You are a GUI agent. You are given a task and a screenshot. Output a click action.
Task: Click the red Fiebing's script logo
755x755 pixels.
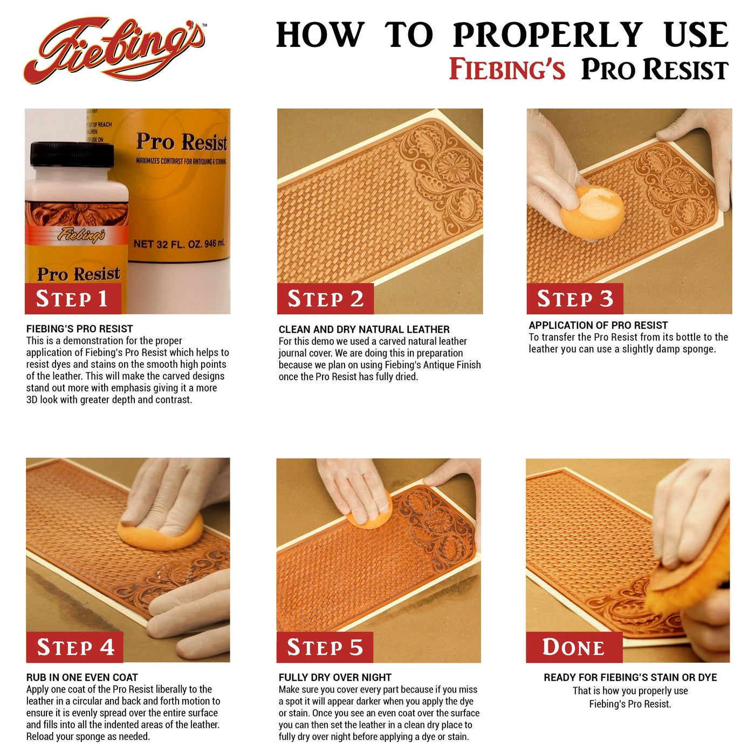114,51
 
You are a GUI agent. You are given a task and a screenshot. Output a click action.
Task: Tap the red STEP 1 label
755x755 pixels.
73,298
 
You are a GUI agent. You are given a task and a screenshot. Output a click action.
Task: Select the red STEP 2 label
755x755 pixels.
325,298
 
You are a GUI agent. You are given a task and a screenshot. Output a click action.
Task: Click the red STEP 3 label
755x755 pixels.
574,298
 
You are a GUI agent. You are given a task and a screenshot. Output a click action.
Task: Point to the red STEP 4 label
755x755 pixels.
75,647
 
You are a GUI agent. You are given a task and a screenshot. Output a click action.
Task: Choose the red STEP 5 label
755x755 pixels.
325,647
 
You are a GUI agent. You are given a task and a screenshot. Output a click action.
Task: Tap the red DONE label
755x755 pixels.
574,647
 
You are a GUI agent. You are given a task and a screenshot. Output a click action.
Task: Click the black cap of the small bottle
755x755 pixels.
72,154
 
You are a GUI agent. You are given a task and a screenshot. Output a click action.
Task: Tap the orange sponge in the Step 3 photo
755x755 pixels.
592,212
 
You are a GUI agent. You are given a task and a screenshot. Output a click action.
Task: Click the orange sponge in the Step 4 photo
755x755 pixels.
160,531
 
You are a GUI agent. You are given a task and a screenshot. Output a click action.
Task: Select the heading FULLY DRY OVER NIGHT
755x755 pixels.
335,677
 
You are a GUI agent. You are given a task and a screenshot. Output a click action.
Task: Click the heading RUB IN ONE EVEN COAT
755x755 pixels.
82,677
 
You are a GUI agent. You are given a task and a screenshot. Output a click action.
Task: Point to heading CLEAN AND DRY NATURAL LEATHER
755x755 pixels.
364,329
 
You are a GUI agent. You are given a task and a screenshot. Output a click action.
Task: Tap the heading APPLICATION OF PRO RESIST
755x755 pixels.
598,325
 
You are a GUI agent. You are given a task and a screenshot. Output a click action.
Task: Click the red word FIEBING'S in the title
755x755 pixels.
506,69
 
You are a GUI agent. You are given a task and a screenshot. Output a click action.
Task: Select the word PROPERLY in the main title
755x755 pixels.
547,35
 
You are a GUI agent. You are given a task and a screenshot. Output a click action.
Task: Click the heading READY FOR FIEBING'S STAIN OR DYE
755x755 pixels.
630,677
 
